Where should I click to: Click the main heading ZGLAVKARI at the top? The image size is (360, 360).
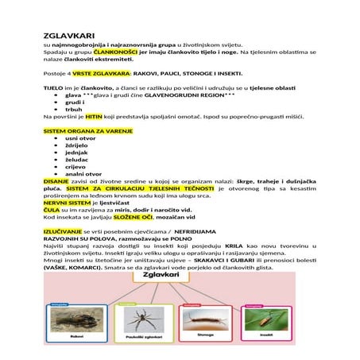(x=69, y=36)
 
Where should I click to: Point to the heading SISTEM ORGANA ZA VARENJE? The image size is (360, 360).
(x=87, y=130)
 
